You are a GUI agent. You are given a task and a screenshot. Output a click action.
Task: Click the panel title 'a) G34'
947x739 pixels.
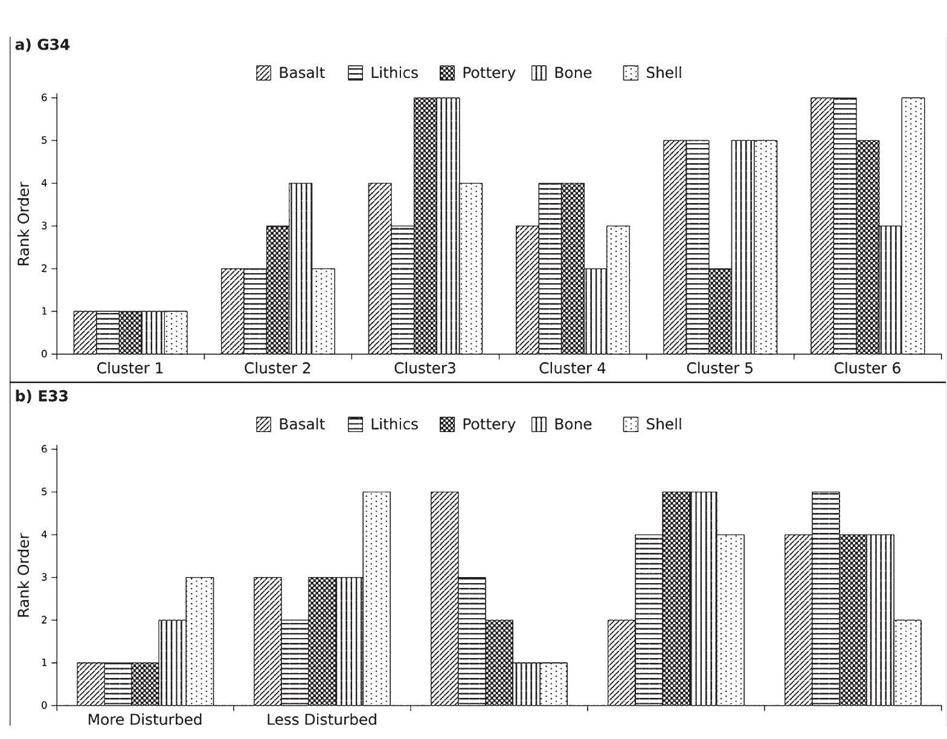pyautogui.click(x=42, y=45)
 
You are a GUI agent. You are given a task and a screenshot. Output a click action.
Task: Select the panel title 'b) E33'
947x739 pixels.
pyautogui.click(x=42, y=397)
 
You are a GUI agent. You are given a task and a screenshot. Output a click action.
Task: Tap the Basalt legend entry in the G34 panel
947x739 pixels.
pyautogui.click(x=291, y=73)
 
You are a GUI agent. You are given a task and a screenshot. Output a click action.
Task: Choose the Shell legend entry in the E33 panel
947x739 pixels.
pyautogui.click(x=652, y=425)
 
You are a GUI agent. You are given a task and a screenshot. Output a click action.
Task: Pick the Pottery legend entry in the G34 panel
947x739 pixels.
pyautogui.click(x=478, y=73)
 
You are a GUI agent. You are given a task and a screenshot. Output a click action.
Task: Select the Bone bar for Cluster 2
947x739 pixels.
pyautogui.click(x=301, y=269)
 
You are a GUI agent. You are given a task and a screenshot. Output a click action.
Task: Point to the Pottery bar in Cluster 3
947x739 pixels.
pyautogui.click(x=425, y=226)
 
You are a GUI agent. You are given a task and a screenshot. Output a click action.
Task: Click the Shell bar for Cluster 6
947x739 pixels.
pyautogui.click(x=913, y=226)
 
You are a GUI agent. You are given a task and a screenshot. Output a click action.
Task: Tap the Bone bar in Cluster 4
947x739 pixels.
pyautogui.click(x=595, y=312)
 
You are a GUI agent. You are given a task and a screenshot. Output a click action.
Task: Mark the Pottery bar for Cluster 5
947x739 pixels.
pyautogui.click(x=720, y=312)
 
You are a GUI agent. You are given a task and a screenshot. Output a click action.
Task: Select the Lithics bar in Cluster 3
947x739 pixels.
pyautogui.click(x=403, y=290)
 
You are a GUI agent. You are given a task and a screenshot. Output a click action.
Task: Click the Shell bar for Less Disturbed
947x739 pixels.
pyautogui.click(x=376, y=599)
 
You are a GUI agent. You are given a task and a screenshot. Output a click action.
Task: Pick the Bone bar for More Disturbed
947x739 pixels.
pyautogui.click(x=172, y=663)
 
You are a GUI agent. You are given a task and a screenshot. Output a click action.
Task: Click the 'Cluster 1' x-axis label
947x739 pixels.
pyautogui.click(x=130, y=369)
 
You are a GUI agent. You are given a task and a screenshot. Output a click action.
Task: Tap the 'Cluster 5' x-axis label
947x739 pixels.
pyautogui.click(x=719, y=369)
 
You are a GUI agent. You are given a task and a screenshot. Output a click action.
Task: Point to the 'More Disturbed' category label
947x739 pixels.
pyautogui.click(x=144, y=720)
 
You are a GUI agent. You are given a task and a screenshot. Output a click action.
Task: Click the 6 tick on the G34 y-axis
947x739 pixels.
pyautogui.click(x=44, y=97)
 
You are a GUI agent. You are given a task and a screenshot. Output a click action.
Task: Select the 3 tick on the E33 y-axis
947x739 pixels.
pyautogui.click(x=44, y=578)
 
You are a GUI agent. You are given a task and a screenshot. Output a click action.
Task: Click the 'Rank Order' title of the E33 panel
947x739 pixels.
pyautogui.click(x=24, y=575)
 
